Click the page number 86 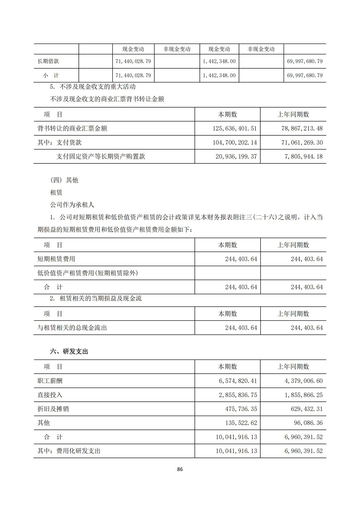(x=180, y=469)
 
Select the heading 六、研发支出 (x=69, y=352)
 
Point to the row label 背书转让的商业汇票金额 (x=72, y=129)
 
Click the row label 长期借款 (x=48, y=61)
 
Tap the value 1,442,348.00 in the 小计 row (x=219, y=76)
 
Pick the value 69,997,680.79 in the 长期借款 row (x=305, y=61)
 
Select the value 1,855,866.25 (x=303, y=395)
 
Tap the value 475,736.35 (x=241, y=409)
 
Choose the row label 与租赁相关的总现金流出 (x=72, y=328)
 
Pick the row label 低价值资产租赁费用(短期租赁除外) (x=88, y=273)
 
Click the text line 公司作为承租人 (x=72, y=205)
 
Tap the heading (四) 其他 (x=64, y=180)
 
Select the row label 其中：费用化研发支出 (x=69, y=451)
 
